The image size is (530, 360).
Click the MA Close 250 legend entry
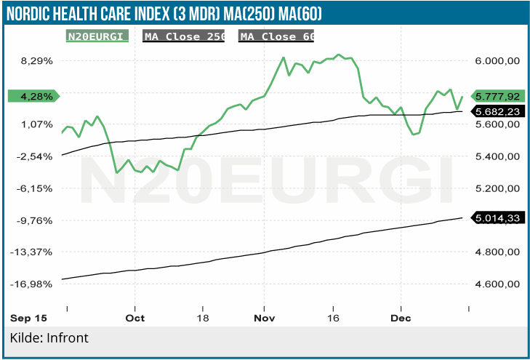[184, 36]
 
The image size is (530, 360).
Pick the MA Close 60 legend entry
[277, 36]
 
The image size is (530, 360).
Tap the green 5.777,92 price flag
[498, 96]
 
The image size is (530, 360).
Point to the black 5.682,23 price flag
[498, 111]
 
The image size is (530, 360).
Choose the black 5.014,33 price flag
[498, 217]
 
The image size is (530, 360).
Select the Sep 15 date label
[28, 319]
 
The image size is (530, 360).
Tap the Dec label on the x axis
[401, 319]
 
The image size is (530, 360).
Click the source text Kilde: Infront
[49, 338]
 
